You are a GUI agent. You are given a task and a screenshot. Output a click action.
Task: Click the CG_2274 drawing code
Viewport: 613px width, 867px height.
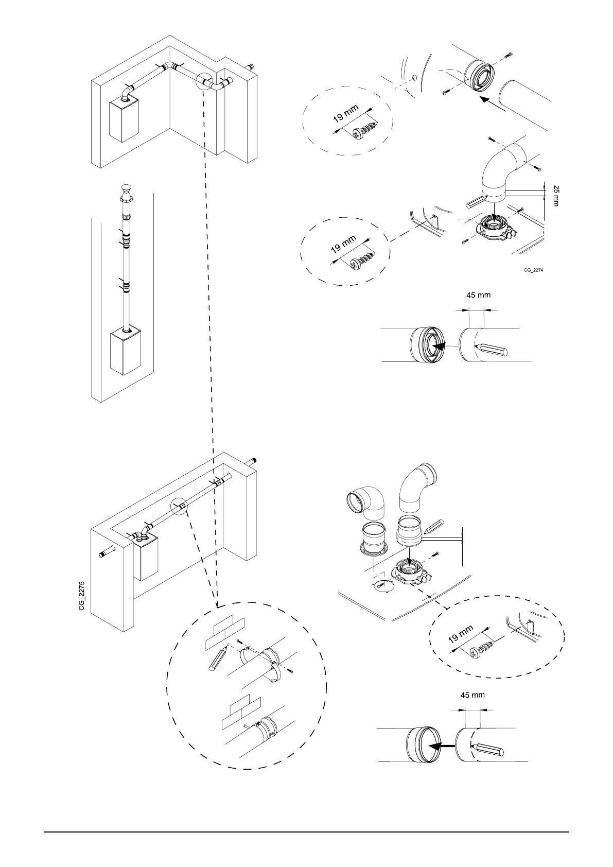[x=533, y=270]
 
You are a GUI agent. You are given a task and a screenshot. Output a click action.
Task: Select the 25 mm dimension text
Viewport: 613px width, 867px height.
[x=556, y=196]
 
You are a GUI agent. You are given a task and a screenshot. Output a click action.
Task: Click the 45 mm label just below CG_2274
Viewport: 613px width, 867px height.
[x=478, y=295]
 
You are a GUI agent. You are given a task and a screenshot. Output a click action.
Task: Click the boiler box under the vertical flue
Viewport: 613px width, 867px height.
[x=126, y=352]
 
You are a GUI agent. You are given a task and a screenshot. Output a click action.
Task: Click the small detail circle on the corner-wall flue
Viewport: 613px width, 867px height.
[x=205, y=82]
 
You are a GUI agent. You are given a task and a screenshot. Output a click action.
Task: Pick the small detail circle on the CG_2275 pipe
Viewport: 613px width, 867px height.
[x=179, y=507]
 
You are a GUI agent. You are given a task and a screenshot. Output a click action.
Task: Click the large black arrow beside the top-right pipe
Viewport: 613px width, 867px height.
[x=492, y=103]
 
